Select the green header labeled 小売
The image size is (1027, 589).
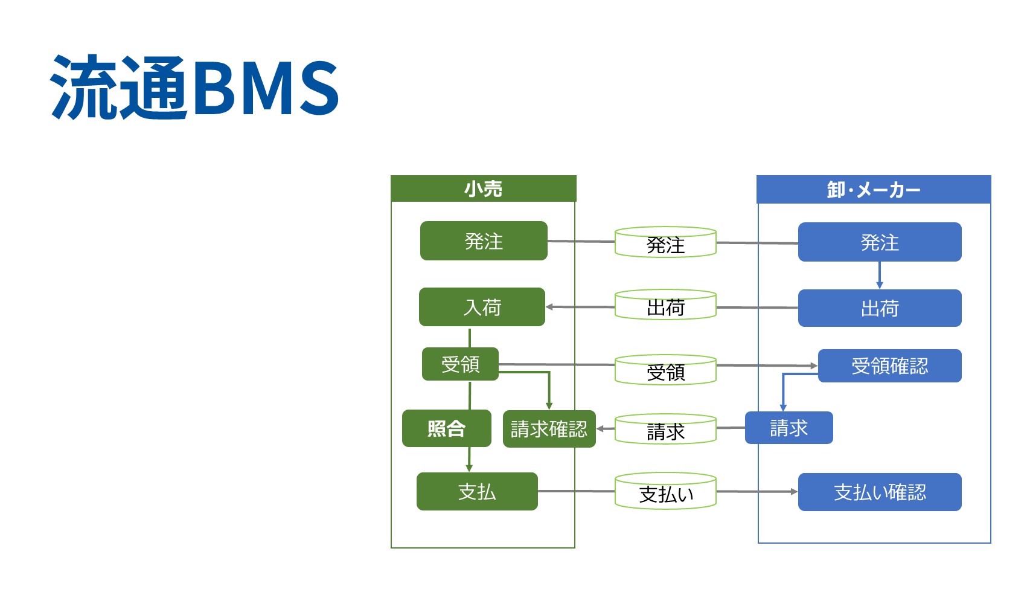483,188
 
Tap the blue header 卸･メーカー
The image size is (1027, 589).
874,190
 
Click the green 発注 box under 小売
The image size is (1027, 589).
484,241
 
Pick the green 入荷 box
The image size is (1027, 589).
482,307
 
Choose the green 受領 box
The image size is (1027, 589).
460,364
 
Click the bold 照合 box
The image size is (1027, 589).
446,428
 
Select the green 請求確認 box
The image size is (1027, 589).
549,429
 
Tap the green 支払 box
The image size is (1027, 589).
477,491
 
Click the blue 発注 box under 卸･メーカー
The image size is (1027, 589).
880,242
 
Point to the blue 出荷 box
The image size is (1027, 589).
880,308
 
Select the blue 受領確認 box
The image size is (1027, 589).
889,365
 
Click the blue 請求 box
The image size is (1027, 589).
789,428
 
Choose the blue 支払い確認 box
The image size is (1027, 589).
880,492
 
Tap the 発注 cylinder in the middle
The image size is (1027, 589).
665,243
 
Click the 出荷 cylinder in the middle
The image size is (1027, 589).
665,306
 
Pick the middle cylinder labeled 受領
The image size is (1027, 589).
665,370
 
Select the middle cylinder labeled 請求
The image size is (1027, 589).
665,430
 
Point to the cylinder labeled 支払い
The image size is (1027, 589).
665,492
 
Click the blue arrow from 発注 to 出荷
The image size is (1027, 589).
880,275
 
